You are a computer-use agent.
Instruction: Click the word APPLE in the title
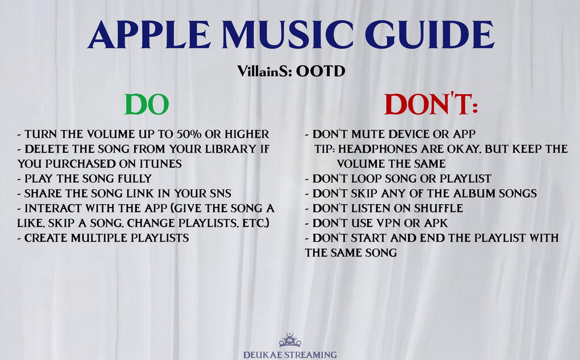pyautogui.click(x=149, y=35)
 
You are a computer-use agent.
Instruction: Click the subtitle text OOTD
pyautogui.click(x=320, y=71)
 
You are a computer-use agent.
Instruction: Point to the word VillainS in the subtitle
pyautogui.click(x=264, y=71)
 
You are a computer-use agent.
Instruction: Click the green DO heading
pyautogui.click(x=147, y=104)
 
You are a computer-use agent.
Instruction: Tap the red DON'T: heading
pyautogui.click(x=431, y=104)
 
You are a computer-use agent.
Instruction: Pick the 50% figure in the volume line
pyautogui.click(x=189, y=134)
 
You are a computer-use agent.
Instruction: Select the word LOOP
pyautogui.click(x=366, y=179)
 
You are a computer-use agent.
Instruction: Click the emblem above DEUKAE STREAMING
pyautogui.click(x=290, y=340)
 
